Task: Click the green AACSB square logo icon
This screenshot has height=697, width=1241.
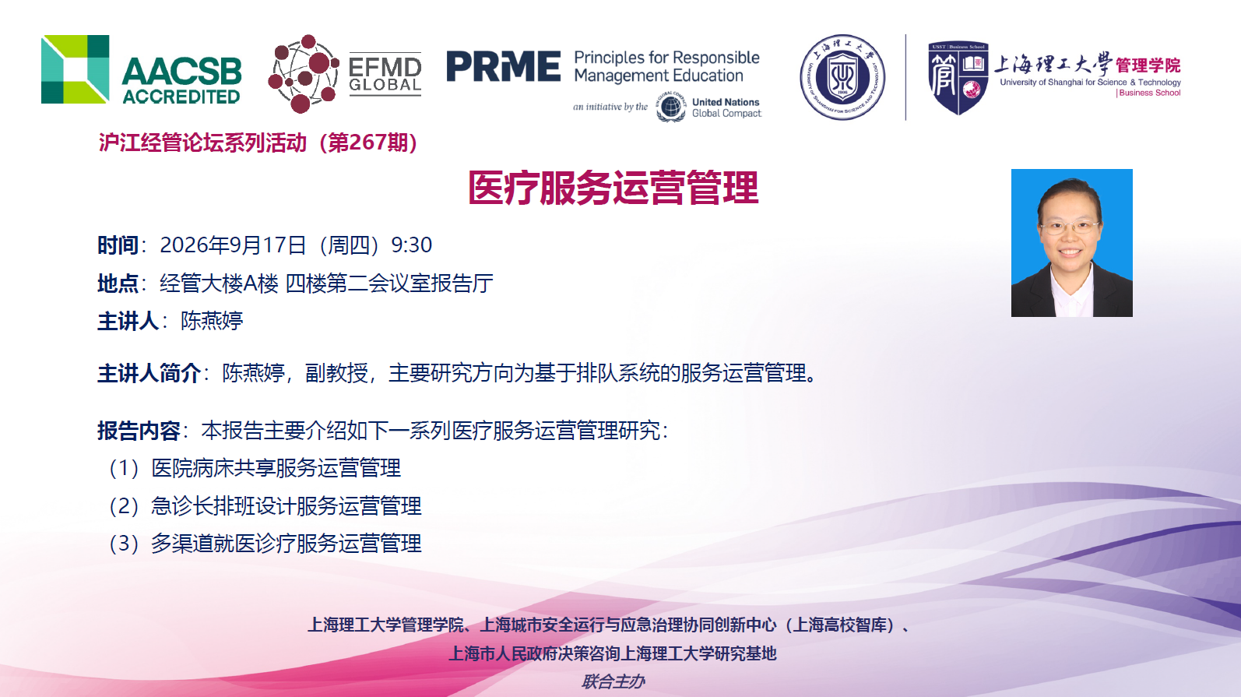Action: [x=75, y=69]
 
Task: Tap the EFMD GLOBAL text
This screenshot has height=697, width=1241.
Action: [x=385, y=75]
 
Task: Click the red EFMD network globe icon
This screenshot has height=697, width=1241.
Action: [x=303, y=74]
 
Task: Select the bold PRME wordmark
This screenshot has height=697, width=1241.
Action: [x=503, y=66]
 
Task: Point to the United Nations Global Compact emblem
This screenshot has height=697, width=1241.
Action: [x=670, y=107]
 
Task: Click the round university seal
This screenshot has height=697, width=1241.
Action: [x=842, y=77]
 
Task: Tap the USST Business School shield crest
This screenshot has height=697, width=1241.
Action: [x=958, y=78]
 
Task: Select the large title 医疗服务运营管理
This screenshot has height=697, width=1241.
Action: [x=613, y=188]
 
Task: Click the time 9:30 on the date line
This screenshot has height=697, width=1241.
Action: [x=411, y=245]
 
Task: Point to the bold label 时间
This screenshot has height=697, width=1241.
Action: [x=118, y=245]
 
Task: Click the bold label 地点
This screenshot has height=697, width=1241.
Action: [x=118, y=283]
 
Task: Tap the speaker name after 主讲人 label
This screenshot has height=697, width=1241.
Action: [x=212, y=321]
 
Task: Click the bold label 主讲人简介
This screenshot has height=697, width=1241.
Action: [x=149, y=374]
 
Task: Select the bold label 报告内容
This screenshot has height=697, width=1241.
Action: [x=139, y=431]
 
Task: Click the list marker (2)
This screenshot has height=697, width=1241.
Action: [x=124, y=506]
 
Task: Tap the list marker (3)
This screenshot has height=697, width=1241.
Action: [x=124, y=544]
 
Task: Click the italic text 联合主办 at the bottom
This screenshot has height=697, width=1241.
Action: [x=613, y=681]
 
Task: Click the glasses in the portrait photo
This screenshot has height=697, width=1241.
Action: [x=1070, y=227]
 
